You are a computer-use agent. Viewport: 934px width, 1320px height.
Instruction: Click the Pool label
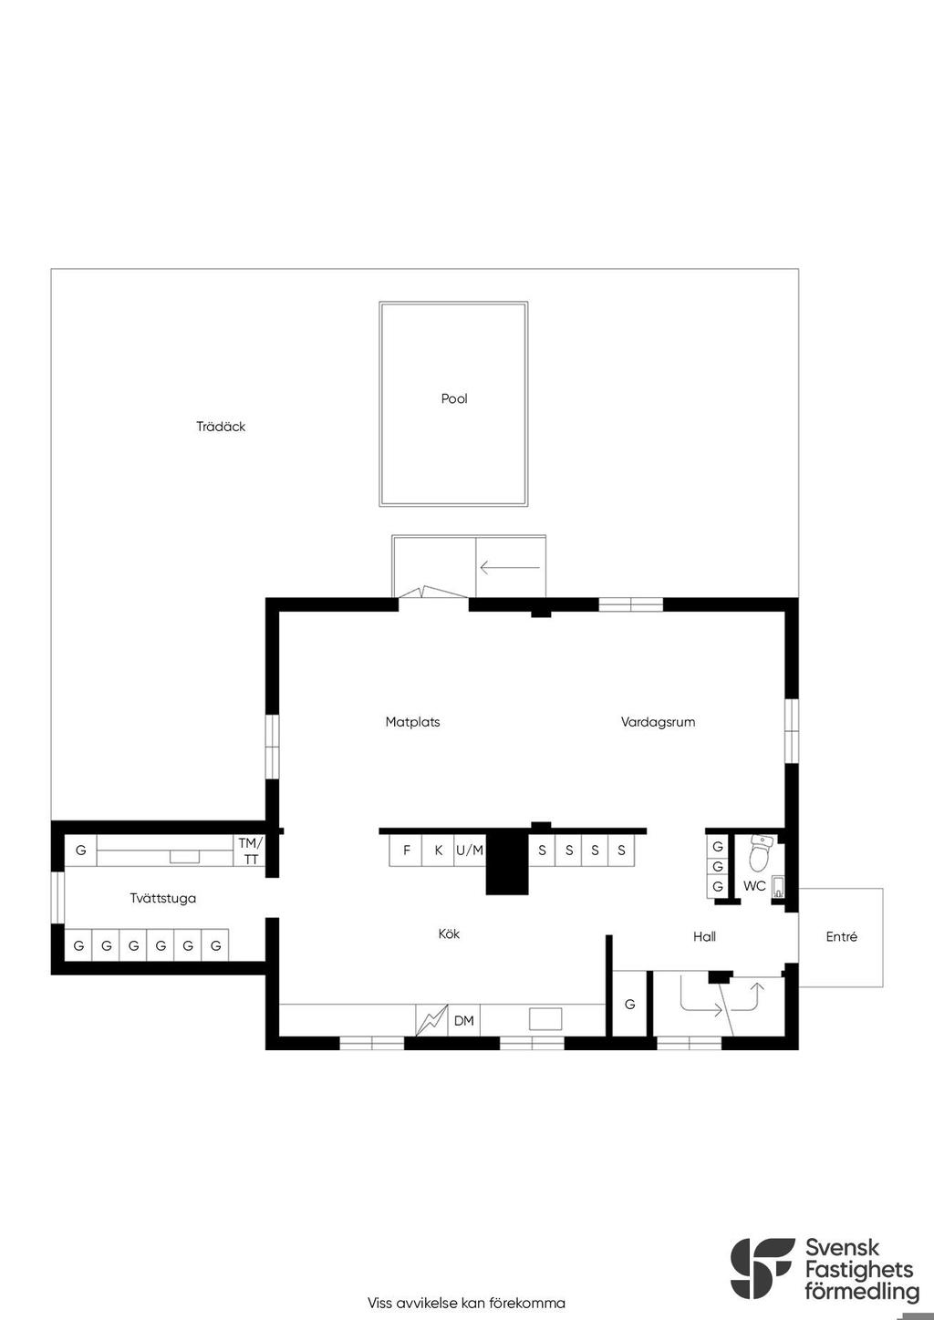454,399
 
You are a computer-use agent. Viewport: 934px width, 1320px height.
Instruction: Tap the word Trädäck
221,427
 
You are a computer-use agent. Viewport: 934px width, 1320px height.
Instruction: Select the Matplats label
413,722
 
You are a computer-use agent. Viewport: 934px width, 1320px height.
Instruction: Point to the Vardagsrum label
658,722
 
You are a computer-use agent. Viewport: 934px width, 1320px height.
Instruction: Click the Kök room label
449,934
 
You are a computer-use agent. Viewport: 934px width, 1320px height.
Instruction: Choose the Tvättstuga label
162,899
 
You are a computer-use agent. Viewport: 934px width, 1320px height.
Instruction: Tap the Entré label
842,936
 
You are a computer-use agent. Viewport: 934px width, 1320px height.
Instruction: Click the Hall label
705,936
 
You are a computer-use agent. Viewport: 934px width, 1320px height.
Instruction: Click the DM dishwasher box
464,1021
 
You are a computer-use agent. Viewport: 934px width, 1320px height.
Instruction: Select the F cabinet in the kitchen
406,851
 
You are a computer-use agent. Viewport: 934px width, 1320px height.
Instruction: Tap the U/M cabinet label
470,851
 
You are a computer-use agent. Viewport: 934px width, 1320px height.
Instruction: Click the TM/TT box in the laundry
251,851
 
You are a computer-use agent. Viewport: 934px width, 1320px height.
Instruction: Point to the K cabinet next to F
438,851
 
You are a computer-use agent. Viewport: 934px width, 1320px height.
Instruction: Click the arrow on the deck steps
510,568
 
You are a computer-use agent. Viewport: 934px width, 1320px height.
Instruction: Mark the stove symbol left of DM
432,1021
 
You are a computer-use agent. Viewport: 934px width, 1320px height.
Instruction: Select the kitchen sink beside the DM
545,1019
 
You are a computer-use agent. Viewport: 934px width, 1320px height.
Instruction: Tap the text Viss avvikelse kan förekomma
466,1303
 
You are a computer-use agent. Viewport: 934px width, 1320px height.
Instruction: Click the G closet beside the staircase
629,1004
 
